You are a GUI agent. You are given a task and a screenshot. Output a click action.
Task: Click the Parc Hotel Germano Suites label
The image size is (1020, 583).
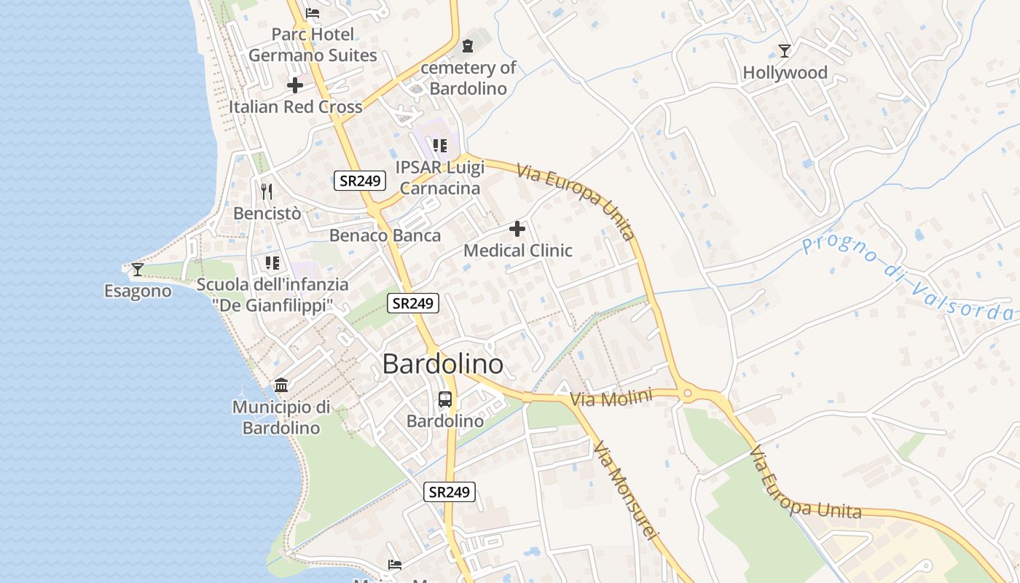tap(313, 44)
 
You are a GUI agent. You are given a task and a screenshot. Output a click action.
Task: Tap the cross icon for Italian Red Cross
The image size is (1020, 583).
tap(295, 85)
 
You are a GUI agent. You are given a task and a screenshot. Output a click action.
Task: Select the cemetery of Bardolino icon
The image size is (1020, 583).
tap(468, 45)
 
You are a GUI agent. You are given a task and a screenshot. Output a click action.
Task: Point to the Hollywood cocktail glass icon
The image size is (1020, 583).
tap(785, 50)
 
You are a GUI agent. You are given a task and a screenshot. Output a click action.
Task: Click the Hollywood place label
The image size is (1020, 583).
tap(785, 73)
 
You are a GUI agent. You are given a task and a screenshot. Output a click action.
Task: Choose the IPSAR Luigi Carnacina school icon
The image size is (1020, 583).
tap(439, 146)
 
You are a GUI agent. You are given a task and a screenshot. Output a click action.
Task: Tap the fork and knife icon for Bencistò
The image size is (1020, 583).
tap(267, 192)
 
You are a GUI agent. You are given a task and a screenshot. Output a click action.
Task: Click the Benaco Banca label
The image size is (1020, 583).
tap(385, 235)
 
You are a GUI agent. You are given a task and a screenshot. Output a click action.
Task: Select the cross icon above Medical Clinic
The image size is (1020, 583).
tap(517, 230)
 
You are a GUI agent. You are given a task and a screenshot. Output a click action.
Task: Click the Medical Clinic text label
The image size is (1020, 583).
tap(517, 251)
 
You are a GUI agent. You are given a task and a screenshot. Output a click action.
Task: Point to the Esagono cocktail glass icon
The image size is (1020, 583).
tap(137, 270)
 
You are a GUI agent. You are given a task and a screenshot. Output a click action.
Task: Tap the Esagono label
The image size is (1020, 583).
tap(138, 291)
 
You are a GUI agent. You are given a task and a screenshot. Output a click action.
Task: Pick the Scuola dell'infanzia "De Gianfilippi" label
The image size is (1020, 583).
tap(272, 295)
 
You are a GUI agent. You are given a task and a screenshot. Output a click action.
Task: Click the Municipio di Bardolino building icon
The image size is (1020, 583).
tap(281, 385)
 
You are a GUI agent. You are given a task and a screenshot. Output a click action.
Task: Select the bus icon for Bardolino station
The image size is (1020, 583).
tap(445, 399)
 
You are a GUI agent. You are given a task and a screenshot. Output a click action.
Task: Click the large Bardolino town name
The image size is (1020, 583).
tap(442, 364)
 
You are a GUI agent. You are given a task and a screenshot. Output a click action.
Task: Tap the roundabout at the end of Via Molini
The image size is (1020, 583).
tap(686, 394)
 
